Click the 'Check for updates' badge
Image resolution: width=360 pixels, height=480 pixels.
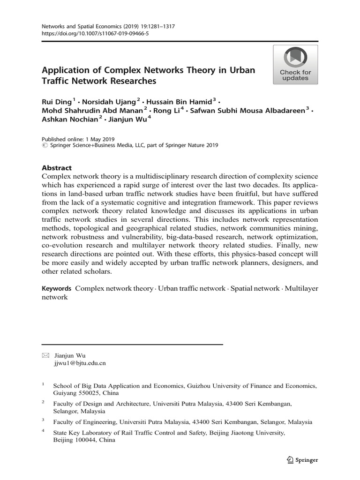(295, 65)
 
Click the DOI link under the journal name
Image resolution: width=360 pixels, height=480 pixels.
(92, 34)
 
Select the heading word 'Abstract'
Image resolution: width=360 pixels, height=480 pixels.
(57, 168)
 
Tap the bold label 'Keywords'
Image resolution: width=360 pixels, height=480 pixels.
(56, 288)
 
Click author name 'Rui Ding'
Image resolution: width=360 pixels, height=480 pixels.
(57, 101)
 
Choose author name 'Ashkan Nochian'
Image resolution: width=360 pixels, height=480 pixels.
(70, 119)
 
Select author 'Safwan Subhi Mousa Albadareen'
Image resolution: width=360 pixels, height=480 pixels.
(248, 110)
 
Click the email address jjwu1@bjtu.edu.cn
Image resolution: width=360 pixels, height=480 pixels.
(80, 362)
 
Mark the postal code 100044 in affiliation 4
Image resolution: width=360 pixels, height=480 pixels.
(86, 441)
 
